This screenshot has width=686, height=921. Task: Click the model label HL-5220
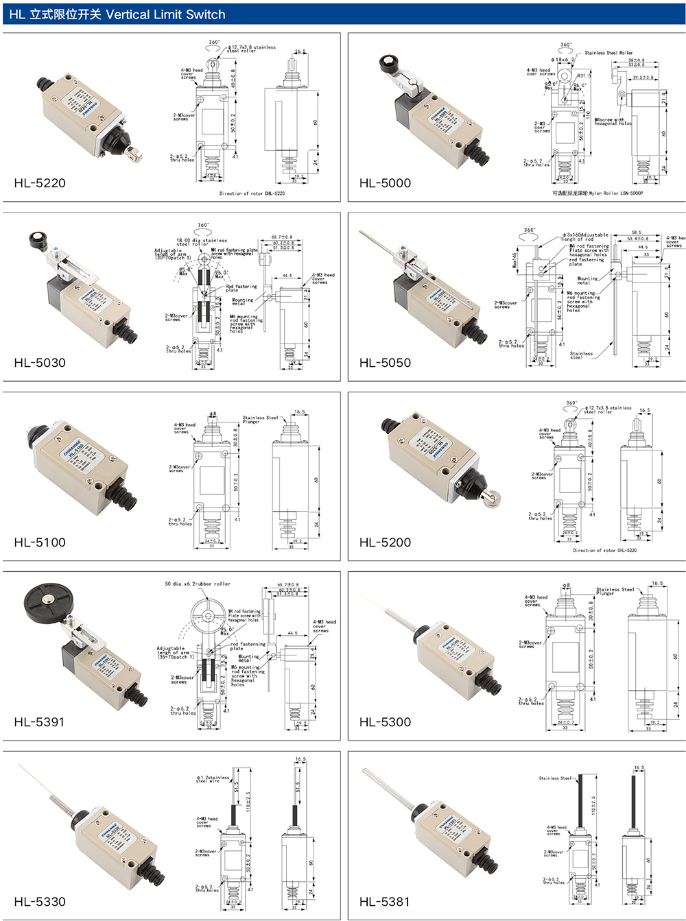point(40,183)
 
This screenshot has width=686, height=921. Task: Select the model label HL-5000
point(385,183)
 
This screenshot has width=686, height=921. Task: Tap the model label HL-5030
point(40,363)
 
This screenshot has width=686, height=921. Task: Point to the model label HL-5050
point(385,363)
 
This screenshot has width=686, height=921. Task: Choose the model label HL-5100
point(40,542)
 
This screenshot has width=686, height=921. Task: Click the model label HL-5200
point(385,542)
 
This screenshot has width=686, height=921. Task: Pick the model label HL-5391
point(40,722)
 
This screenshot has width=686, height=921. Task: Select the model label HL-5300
point(385,722)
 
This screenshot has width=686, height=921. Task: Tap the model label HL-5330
point(40,902)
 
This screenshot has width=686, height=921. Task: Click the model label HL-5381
point(385,902)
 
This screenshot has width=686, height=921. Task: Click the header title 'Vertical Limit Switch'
point(165,14)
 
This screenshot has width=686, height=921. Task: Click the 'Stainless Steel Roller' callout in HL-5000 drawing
point(608,53)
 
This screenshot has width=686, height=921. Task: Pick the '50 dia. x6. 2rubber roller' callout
point(198,584)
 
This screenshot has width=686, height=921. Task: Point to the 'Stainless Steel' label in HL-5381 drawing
point(555,778)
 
